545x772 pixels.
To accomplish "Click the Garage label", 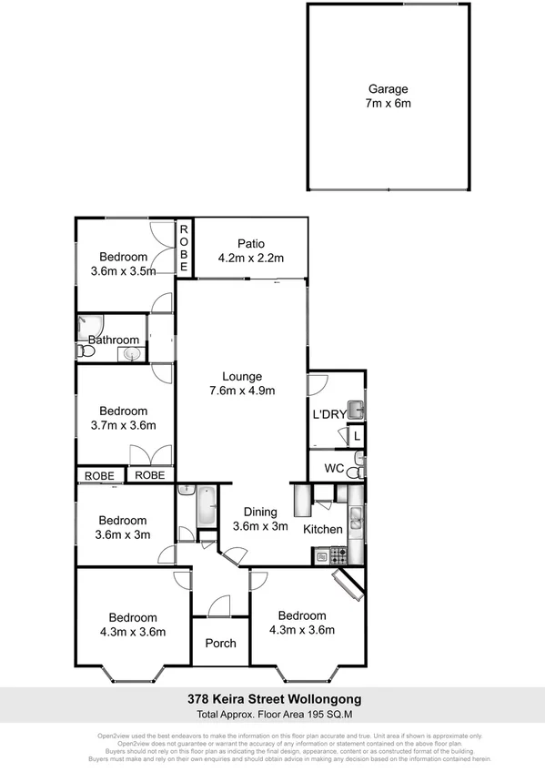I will click(389, 89).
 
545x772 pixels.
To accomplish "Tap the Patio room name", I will click(251, 244).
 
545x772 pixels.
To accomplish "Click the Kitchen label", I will click(322, 529).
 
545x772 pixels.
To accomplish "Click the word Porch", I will click(221, 643).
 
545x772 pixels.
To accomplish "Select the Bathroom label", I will click(114, 340).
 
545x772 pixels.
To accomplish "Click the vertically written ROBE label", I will click(183, 249).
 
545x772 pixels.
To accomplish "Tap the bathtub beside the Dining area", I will click(205, 506).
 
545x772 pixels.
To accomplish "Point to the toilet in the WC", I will click(359, 470).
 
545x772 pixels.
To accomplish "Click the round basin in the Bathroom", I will click(133, 353).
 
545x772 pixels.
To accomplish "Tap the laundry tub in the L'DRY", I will click(356, 409).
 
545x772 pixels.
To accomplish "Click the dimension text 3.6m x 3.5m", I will click(123, 270).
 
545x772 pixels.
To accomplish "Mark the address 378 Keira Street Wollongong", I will click(274, 699).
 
